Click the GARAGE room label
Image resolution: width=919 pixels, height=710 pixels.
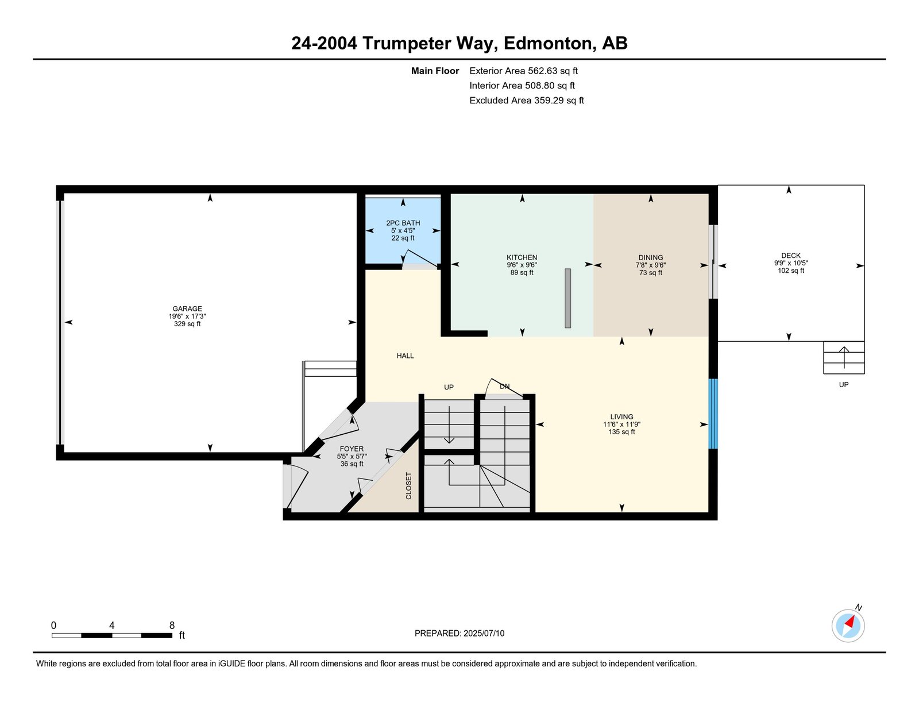coord(187,308)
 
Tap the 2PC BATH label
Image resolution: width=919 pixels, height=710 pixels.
coord(403,223)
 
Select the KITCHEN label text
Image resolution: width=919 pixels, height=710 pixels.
coord(522,257)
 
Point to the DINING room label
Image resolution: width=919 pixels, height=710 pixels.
coord(650,257)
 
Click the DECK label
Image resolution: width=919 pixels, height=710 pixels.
coord(791,256)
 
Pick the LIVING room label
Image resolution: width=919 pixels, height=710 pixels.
coord(621,416)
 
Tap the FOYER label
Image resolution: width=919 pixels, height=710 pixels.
coord(352,449)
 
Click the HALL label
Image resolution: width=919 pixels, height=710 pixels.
coord(405,356)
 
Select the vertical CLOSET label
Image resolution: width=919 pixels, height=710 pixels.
coord(408,486)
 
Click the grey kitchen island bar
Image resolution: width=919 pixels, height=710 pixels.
coord(567,298)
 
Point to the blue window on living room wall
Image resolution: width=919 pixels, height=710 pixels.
coord(713,414)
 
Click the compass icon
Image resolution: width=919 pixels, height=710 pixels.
coord(848,626)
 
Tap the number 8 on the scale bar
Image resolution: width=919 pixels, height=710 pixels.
coord(172,626)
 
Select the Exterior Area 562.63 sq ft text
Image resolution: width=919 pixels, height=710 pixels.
coord(523,71)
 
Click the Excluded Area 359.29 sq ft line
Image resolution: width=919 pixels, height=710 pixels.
coord(527,100)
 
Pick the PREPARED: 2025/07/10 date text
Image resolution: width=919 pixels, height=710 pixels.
coord(459,633)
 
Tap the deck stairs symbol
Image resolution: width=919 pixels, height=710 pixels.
coord(844,358)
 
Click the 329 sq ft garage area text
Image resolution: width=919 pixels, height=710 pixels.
coord(187,324)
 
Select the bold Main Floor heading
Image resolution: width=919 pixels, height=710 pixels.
coord(435,71)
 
